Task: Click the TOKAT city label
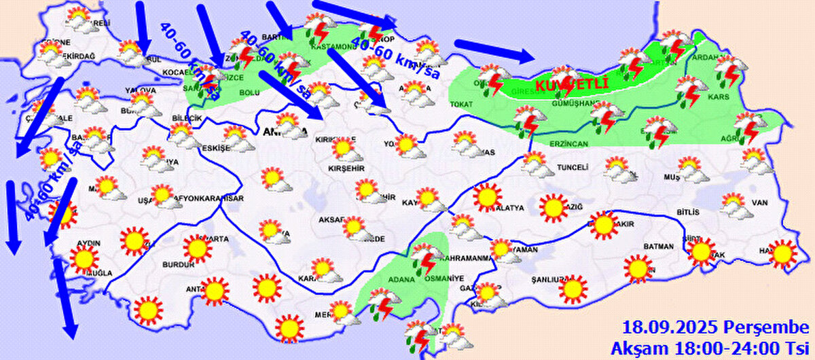(x=465, y=105)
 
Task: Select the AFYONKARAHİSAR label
(x=209, y=198)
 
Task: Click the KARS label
(x=718, y=97)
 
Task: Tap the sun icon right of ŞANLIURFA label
(x=573, y=289)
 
